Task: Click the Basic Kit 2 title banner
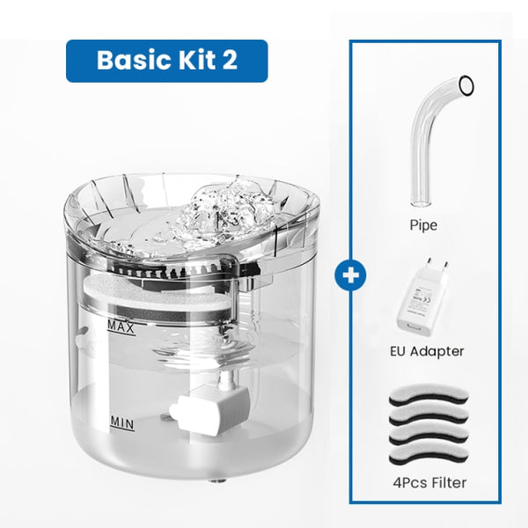click(166, 60)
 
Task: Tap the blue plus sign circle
click(351, 274)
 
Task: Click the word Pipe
click(423, 225)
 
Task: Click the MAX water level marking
click(120, 327)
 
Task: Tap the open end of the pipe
click(466, 85)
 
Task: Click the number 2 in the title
click(228, 60)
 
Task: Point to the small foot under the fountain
click(214, 482)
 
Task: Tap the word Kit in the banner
click(193, 60)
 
